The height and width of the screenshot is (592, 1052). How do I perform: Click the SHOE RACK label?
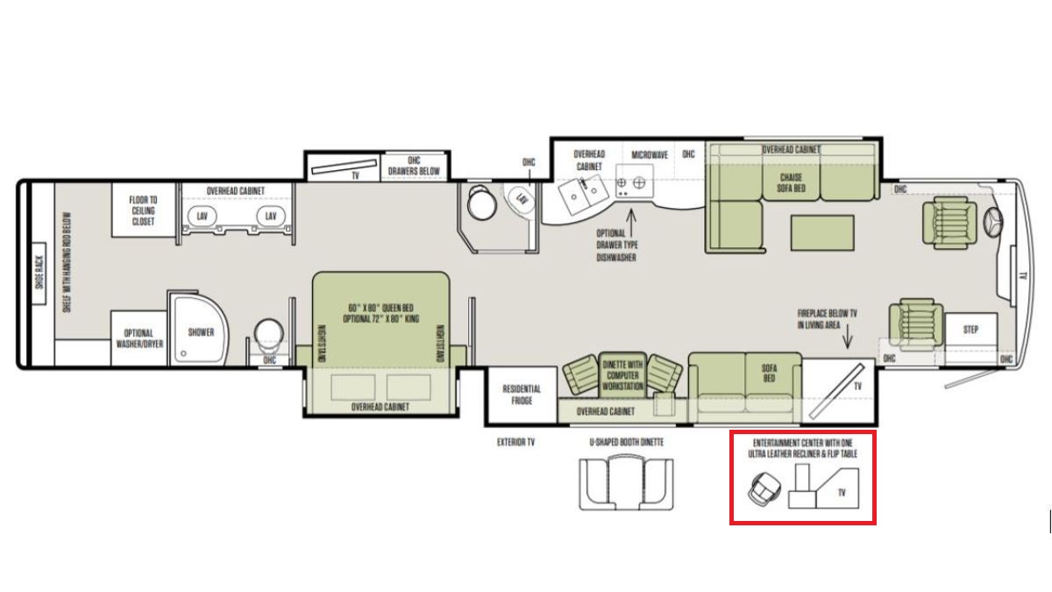point(39,273)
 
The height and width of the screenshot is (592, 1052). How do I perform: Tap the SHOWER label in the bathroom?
point(201,332)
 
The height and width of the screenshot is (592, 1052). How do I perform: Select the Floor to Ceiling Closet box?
point(143,210)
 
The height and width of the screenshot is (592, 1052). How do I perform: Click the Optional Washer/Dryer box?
point(139,339)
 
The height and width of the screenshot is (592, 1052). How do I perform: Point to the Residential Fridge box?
point(522,395)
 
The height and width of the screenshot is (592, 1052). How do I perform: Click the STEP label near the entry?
point(970,330)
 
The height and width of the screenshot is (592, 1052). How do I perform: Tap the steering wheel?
point(994,221)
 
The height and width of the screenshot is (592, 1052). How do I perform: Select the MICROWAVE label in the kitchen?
point(650,155)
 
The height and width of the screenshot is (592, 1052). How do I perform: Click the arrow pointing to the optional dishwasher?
point(632,223)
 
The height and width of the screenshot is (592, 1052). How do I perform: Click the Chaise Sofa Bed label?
point(792,182)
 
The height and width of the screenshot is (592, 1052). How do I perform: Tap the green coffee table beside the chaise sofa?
point(822,233)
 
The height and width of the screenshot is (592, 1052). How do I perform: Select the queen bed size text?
point(380,313)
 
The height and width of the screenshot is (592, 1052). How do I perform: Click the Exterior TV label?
point(515,442)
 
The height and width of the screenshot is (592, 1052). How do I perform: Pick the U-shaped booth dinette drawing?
point(626,482)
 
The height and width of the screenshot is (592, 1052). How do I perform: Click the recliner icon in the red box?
point(765,489)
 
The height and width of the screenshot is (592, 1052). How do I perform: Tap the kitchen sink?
point(583,195)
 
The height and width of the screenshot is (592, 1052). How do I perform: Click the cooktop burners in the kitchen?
point(635,182)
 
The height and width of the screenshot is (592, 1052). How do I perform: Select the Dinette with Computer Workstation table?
point(622,375)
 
